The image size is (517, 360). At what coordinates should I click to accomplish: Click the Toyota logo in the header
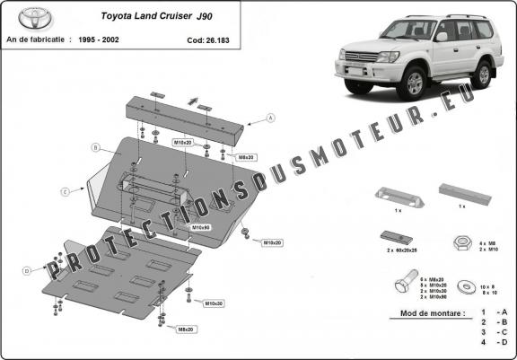click(30, 18)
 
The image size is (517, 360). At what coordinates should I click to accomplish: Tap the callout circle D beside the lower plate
click(27, 270)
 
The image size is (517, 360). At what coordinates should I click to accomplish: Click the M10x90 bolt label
click(201, 228)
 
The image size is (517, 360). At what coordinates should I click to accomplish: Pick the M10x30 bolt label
click(214, 303)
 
